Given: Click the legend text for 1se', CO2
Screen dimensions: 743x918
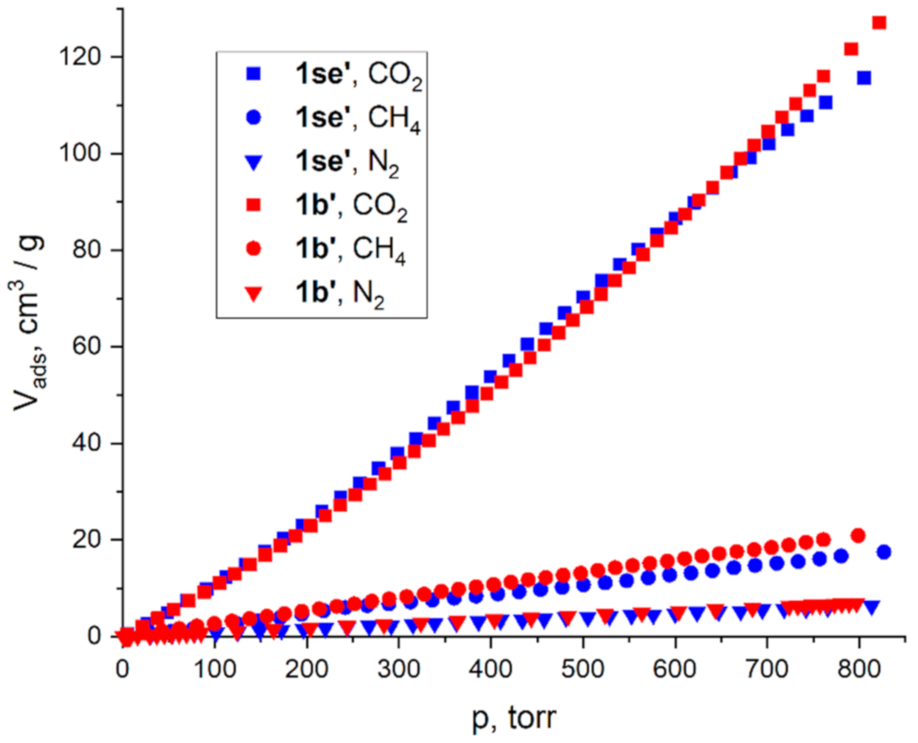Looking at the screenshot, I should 359,74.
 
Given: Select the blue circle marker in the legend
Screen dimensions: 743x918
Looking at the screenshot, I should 253,117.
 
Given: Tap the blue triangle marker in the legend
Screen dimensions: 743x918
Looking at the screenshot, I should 253,162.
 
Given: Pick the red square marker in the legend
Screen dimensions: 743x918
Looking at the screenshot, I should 253,205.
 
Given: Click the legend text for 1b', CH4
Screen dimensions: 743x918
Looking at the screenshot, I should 351,249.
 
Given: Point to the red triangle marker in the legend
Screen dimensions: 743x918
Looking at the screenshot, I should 253,294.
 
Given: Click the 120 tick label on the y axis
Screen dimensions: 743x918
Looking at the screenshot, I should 80,57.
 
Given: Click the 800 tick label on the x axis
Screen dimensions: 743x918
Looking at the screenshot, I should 859,669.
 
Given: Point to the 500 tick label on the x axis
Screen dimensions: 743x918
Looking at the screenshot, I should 583,669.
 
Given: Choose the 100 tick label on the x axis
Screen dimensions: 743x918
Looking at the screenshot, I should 215,669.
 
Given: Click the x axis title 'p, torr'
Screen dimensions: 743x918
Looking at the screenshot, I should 514,718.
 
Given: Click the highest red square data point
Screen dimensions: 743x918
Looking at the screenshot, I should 879,23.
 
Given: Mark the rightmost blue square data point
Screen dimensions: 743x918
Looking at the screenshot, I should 864,78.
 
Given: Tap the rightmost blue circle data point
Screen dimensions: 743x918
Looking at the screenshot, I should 884,552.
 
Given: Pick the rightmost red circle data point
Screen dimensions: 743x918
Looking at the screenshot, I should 858,536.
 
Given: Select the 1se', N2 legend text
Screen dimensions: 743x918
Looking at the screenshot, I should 347,162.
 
